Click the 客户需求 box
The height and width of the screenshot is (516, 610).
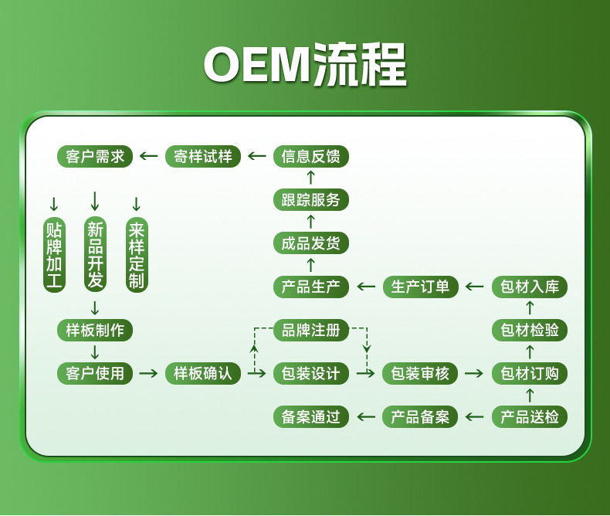95,157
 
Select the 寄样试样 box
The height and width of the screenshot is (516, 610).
203,157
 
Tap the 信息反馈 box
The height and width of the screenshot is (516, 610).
311,157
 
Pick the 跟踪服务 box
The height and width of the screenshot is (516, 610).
311,200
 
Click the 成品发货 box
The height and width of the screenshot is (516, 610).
311,243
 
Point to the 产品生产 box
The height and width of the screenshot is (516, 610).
311,287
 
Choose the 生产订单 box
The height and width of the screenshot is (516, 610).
421,287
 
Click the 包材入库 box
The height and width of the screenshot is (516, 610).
530,287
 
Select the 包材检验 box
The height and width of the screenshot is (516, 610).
530,330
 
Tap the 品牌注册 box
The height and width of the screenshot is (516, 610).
311,330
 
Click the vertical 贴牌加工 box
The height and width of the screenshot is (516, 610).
54,255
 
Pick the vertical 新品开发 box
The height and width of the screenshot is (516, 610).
95,255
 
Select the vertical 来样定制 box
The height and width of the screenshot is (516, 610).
137,255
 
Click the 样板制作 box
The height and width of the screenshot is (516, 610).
95,330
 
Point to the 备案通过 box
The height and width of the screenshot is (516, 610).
311,417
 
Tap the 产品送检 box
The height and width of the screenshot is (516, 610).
530,417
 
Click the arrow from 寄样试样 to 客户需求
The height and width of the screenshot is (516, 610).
149,157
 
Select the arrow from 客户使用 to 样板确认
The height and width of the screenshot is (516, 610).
149,374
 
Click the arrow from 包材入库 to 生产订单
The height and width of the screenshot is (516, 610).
476,287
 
